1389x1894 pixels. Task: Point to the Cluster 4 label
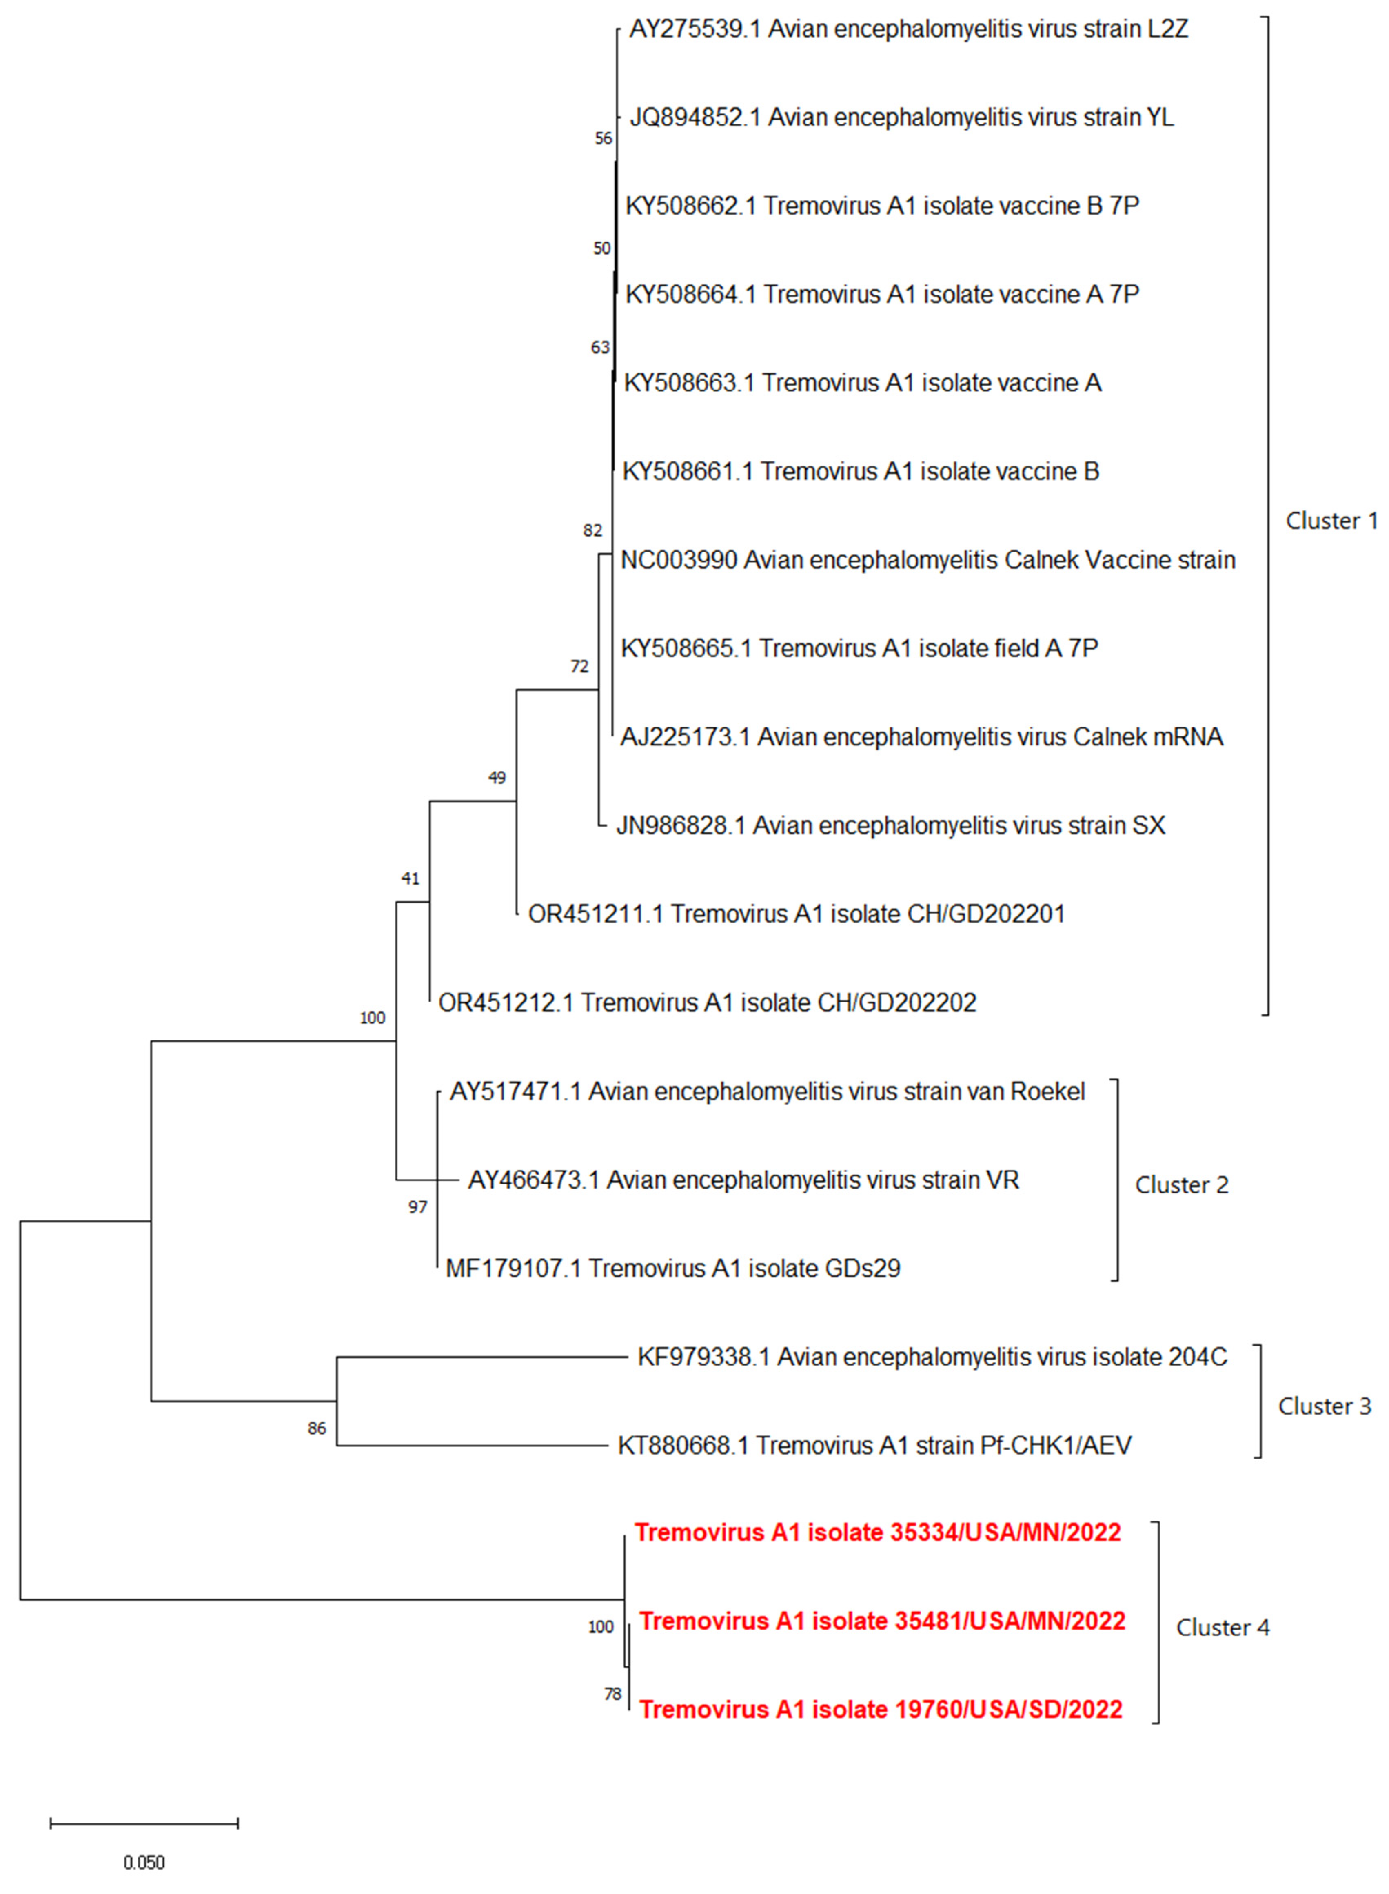[x=1222, y=1628]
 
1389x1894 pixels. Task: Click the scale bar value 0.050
[x=144, y=1862]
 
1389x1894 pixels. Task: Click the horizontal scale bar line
[x=144, y=1823]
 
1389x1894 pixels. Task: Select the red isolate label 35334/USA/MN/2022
[x=877, y=1532]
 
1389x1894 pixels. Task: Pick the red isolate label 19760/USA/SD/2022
[x=880, y=1709]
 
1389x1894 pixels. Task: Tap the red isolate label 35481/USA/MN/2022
[x=882, y=1621]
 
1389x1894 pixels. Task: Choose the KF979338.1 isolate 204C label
[x=932, y=1357]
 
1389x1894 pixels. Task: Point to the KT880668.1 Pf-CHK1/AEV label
[x=874, y=1445]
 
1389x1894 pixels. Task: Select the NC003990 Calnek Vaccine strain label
[x=927, y=560]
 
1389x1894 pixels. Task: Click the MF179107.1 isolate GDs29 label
[x=672, y=1268]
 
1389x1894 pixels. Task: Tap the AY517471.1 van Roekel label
[x=767, y=1091]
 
